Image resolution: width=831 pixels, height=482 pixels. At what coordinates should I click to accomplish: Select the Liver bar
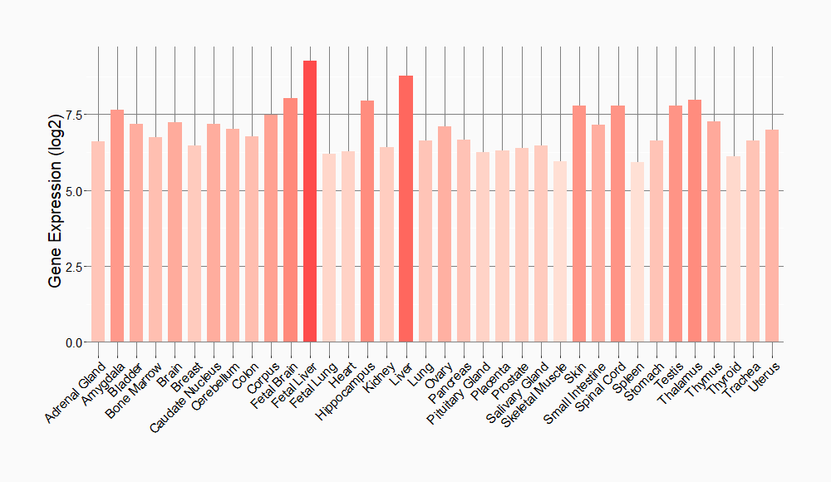click(x=406, y=209)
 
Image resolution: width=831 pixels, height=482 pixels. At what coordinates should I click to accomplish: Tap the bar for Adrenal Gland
click(x=98, y=242)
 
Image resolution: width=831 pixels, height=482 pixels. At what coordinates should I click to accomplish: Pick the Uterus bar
click(x=772, y=236)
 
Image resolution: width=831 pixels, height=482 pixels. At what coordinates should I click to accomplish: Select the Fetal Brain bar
click(x=291, y=220)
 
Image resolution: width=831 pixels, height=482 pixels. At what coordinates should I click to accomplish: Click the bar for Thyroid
click(x=733, y=249)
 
